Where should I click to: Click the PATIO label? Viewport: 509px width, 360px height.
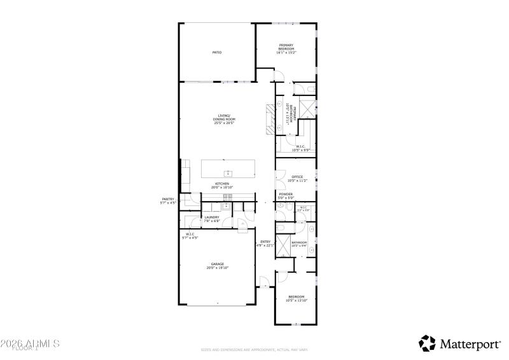(x=217, y=52)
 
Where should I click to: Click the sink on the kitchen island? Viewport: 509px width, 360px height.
(x=227, y=173)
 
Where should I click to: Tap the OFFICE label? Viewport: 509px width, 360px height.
(x=297, y=177)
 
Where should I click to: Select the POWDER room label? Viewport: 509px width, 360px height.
(x=286, y=194)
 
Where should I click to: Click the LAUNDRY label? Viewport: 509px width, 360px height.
(x=212, y=218)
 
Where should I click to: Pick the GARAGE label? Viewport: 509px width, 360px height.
(x=218, y=264)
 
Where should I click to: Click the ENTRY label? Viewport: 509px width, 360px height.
(x=266, y=242)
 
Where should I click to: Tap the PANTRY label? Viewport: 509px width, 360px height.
(x=167, y=199)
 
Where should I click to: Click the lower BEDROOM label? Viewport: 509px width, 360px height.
(x=296, y=297)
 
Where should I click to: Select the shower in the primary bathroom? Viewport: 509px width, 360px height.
(x=308, y=108)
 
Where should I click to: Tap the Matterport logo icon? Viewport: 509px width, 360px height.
(x=426, y=343)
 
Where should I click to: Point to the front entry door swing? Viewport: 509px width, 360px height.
(x=263, y=281)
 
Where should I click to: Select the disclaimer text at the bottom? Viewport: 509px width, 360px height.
(x=254, y=350)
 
